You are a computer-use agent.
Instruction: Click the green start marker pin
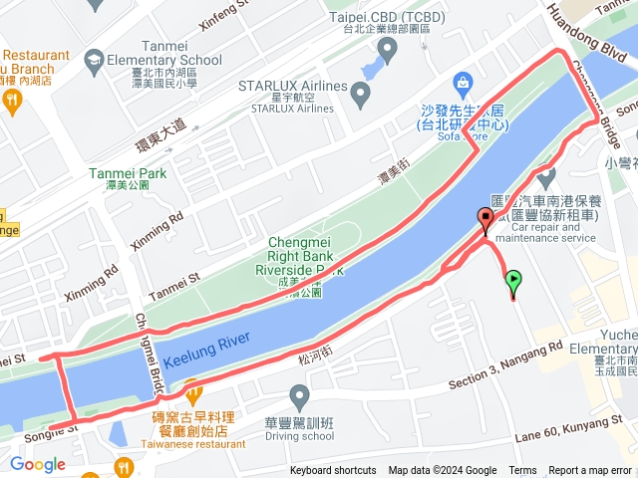pos(513,282)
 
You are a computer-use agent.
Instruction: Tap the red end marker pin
pos(485,220)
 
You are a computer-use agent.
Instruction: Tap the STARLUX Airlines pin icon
pos(361,96)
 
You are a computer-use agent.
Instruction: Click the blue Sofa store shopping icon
pos(463,81)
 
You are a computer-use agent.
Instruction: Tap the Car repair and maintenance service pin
pos(545,178)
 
